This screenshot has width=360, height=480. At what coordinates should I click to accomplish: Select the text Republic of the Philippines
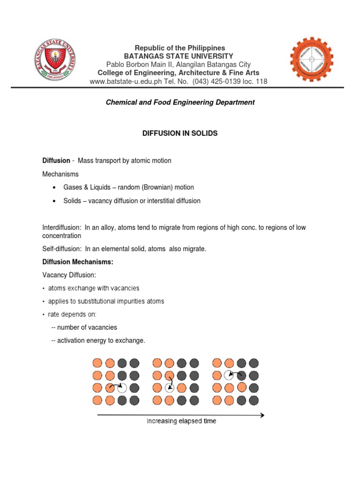(180, 48)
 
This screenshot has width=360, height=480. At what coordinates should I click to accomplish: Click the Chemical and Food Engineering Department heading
(180, 102)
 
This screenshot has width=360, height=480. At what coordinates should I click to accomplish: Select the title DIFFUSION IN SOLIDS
(180, 134)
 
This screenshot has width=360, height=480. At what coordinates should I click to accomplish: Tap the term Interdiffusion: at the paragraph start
(62, 228)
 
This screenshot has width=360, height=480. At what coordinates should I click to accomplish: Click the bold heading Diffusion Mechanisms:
(78, 262)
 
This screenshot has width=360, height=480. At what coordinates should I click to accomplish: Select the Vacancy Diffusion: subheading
(68, 275)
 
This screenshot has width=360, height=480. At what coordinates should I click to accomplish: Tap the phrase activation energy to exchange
(101, 341)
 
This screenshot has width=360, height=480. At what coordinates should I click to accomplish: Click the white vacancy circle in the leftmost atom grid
(122, 388)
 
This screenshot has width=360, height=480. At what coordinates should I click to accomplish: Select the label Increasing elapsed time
(181, 421)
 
